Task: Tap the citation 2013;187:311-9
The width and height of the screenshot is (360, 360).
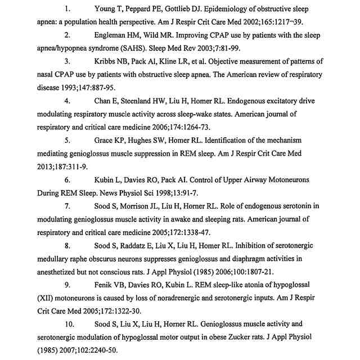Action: coord(59,166)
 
